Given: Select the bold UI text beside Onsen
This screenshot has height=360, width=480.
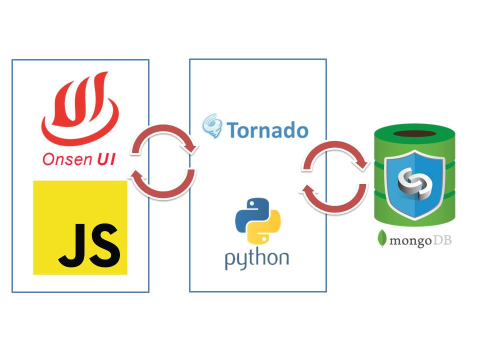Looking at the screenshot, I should tap(104, 159).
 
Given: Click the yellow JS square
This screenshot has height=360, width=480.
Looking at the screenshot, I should tap(80, 227).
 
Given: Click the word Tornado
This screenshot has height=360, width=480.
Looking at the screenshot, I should tap(267, 130).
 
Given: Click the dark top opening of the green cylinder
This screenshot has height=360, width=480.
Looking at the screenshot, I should tap(415, 133).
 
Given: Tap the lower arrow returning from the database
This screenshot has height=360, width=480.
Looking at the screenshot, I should tap(333, 197).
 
